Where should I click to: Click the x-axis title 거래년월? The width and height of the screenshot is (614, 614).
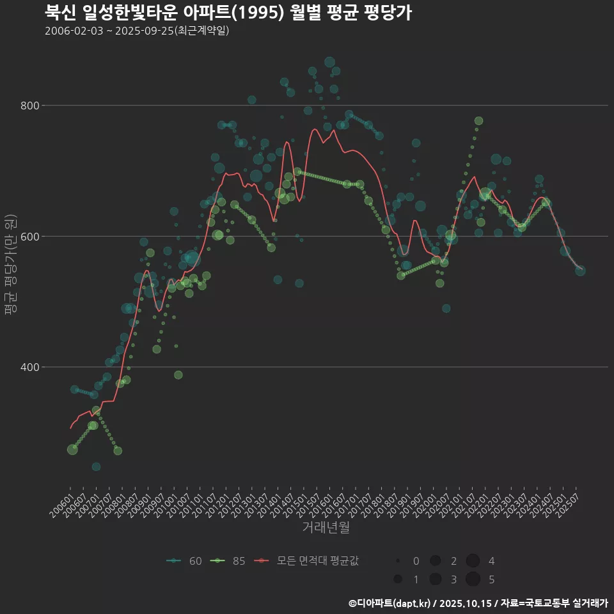[326, 528]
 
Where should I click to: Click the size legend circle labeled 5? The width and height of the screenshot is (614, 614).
[473, 579]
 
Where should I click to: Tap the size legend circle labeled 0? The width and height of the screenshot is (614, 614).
[398, 561]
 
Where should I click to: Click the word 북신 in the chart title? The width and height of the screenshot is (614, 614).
[61, 12]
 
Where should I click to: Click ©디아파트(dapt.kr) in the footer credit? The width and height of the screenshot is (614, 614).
[391, 603]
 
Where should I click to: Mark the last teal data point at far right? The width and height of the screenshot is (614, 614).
[580, 271]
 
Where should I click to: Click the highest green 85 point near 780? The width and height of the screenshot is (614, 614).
[478, 121]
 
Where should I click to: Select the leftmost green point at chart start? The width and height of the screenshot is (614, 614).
[72, 450]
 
